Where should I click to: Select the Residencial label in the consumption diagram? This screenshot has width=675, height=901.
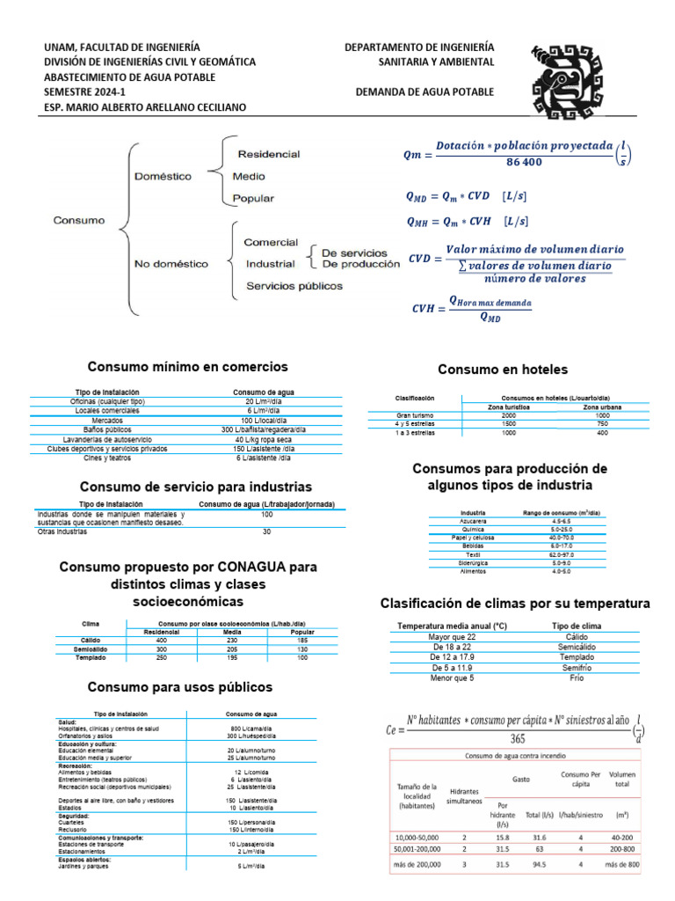coord(268,153)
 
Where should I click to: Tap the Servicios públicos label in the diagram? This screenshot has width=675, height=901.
coord(294,285)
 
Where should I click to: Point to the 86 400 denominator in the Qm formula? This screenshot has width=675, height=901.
coord(524,163)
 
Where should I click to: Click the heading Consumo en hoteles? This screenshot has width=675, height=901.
coord(502,369)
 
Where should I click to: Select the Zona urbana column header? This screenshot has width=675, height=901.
coord(602,407)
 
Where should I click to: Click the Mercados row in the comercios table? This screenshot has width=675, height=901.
coord(109,420)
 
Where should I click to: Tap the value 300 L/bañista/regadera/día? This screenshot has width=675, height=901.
coord(263,429)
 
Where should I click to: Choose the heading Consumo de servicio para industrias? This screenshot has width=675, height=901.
coord(196,486)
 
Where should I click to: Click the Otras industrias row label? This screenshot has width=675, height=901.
coord(62,532)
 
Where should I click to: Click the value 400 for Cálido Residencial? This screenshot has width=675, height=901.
coord(161,640)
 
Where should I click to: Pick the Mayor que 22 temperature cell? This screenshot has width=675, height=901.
coord(452,636)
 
